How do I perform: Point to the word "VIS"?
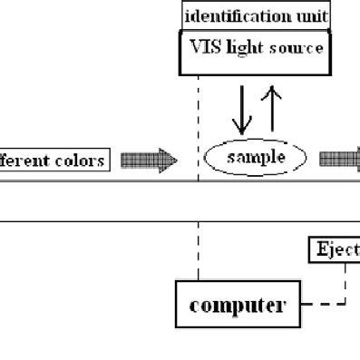(x=204, y=48)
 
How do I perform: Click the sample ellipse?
(x=257, y=158)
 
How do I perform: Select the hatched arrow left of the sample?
(x=149, y=161)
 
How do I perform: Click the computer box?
(x=237, y=305)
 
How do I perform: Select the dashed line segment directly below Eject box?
(x=345, y=281)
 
